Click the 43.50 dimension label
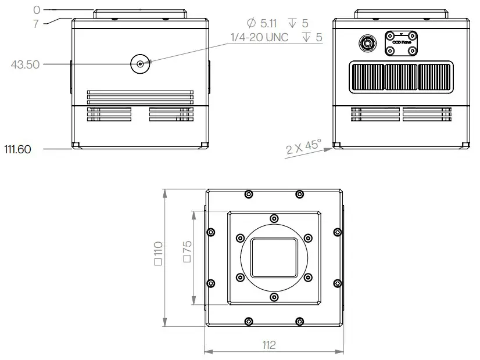click(x=25, y=64)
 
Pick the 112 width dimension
click(x=268, y=345)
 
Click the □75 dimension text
click(x=187, y=251)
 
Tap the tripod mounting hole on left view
click(x=140, y=64)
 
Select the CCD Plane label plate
click(x=401, y=43)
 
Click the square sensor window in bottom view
click(x=274, y=257)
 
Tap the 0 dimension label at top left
click(x=37, y=10)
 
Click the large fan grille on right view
click(x=400, y=78)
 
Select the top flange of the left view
click(x=140, y=13)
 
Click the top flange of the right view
click(x=401, y=13)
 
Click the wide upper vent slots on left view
click(x=140, y=97)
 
